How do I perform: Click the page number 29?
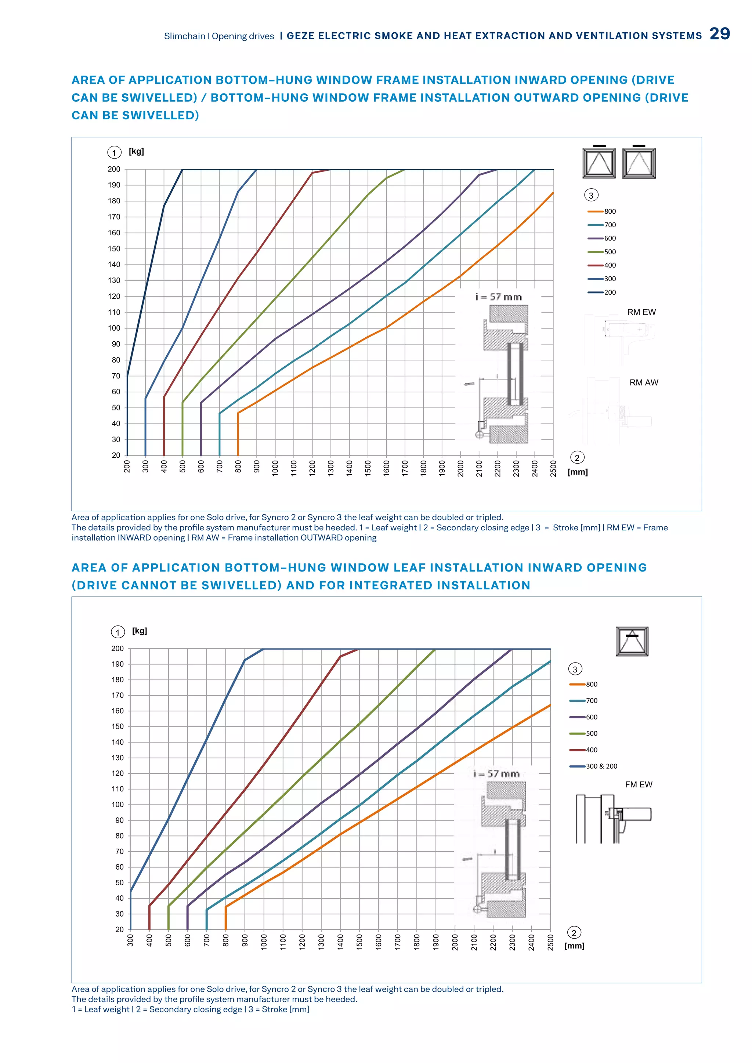[x=720, y=34]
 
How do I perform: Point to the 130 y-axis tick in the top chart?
[x=114, y=280]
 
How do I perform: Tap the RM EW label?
[x=641, y=312]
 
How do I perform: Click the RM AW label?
[x=644, y=383]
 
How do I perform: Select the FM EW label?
[x=639, y=785]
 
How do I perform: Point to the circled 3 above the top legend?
[x=591, y=195]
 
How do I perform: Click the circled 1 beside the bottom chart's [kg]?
[x=117, y=632]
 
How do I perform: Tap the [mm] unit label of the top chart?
[x=578, y=472]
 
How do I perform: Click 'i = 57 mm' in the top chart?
[x=498, y=297]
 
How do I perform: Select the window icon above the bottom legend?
[x=632, y=641]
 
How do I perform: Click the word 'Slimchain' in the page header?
[x=184, y=36]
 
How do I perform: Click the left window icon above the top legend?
[x=599, y=163]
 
